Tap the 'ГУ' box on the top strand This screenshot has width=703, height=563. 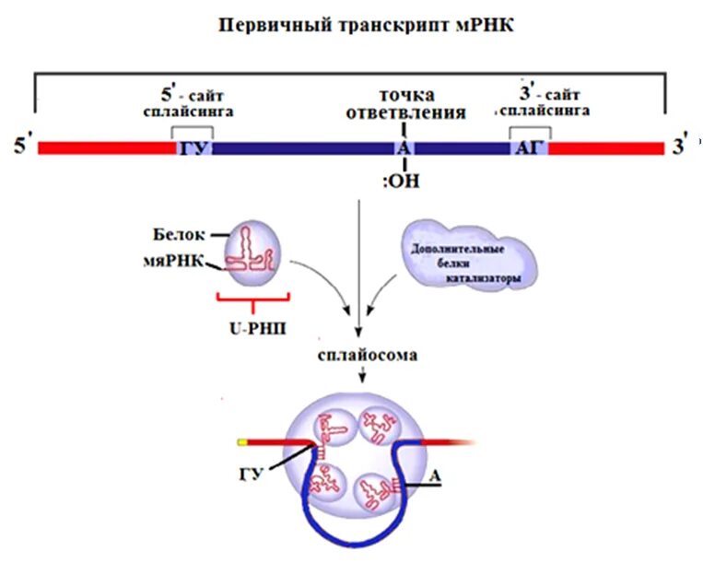pos(193,148)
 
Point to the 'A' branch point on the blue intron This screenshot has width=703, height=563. pos(402,148)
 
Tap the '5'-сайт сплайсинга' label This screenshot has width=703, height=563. pos(194,102)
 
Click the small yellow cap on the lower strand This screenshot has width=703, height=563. pos(241,442)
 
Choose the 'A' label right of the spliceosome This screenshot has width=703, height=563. pos(439,475)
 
